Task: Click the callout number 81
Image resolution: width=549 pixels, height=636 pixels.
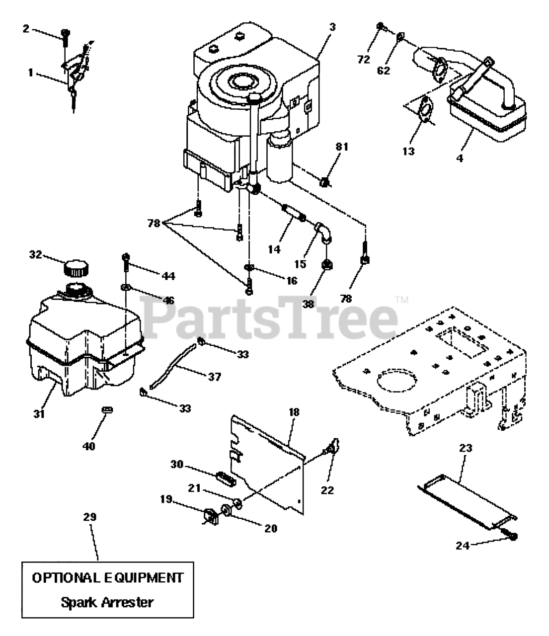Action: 342,148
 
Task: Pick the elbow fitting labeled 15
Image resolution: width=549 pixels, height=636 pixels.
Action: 323,233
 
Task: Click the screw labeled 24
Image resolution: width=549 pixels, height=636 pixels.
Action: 512,536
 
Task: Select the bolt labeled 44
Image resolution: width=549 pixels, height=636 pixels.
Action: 125,261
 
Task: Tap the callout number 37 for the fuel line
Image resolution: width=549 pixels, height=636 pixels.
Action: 214,377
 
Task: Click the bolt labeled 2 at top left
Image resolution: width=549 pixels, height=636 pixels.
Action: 65,36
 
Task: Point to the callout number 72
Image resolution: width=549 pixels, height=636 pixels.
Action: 364,60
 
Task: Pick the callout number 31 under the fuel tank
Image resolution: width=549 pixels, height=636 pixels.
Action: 39,413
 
